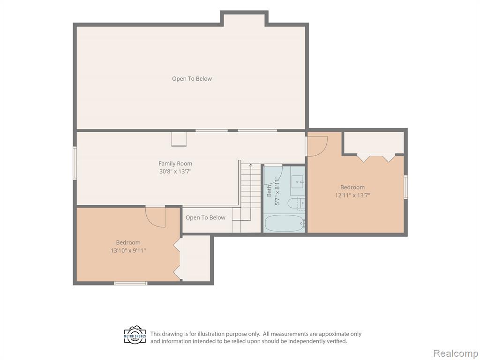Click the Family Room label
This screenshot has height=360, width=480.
coord(175,164)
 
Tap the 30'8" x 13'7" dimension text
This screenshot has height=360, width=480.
coord(175,172)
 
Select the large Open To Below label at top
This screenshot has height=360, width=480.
coord(192,79)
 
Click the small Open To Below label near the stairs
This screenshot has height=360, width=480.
coord(205,217)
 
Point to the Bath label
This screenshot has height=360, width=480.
coord(269,190)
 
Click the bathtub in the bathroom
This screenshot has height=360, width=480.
coord(284,224)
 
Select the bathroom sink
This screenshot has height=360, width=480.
coord(298,182)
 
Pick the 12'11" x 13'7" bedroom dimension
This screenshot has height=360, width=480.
coord(352,195)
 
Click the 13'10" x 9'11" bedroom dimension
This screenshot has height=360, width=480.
coord(128,250)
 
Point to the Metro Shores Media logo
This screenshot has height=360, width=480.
coord(135,335)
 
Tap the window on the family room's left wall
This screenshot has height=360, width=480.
coord(75,163)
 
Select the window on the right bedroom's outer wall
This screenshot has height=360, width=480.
coord(406,187)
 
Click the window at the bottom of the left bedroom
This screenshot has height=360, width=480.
coord(131,283)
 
